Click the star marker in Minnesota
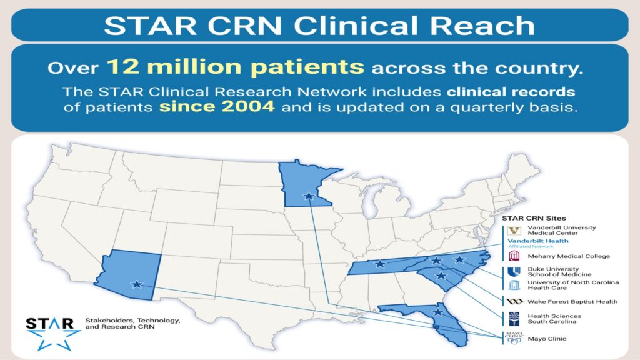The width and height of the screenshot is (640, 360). click(x=309, y=196)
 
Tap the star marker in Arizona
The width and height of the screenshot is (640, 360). click(x=137, y=284)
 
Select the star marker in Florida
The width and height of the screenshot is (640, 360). click(x=438, y=312)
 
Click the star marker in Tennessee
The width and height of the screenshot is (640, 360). click(x=380, y=264)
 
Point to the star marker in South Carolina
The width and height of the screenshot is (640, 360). click(x=441, y=276)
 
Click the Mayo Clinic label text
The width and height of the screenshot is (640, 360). click(x=547, y=339)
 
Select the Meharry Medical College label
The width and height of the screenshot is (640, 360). click(x=569, y=256)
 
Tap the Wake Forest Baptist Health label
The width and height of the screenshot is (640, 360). click(x=572, y=302)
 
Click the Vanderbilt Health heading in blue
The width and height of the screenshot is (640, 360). click(x=538, y=241)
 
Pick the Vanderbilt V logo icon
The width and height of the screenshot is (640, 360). click(x=514, y=231)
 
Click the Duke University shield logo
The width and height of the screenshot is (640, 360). click(x=514, y=272)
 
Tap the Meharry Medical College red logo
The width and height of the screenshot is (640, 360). click(x=514, y=256)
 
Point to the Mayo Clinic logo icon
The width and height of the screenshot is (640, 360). click(x=514, y=338)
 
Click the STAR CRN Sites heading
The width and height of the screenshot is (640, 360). click(x=534, y=218)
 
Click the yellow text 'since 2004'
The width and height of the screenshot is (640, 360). click(x=217, y=106)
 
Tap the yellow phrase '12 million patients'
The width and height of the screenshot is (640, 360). click(x=236, y=66)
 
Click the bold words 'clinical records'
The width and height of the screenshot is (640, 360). click(x=511, y=91)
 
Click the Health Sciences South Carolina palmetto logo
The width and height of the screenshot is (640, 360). click(x=514, y=319)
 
